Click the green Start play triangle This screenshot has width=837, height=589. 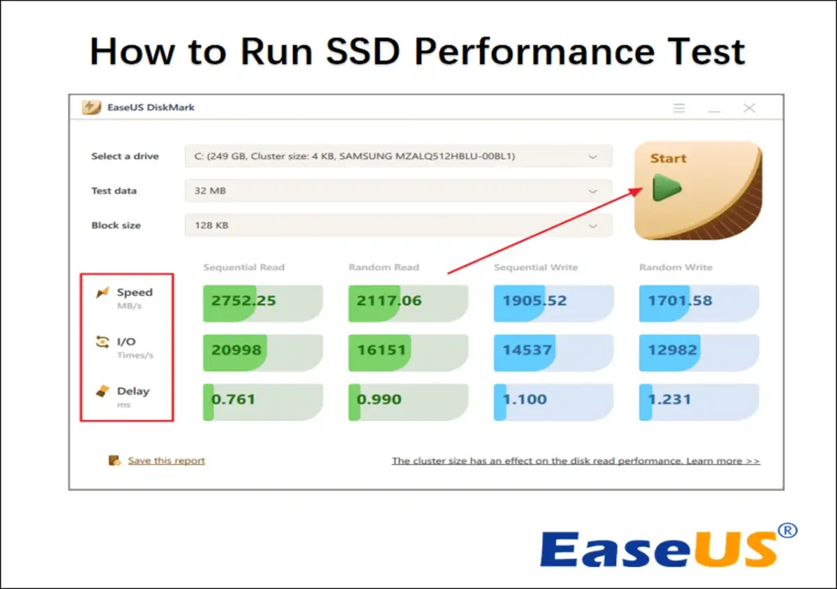point(666,188)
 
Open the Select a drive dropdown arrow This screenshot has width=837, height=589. point(593,157)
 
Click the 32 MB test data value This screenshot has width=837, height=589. point(210,191)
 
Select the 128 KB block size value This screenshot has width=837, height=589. point(211,226)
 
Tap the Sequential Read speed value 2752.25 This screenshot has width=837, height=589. point(243,301)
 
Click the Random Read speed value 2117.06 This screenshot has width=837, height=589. point(389,301)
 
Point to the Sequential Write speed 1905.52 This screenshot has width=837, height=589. point(534,301)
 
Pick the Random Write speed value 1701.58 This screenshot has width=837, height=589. point(680,301)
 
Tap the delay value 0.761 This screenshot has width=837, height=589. point(233,400)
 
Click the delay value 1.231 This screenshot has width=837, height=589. point(669,400)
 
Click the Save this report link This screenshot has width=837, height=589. point(166,461)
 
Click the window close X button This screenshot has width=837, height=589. point(749,108)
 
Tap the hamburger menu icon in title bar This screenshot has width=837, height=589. point(679,108)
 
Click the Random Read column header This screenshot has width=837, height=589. point(384,267)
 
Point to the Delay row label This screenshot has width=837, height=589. point(133,392)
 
